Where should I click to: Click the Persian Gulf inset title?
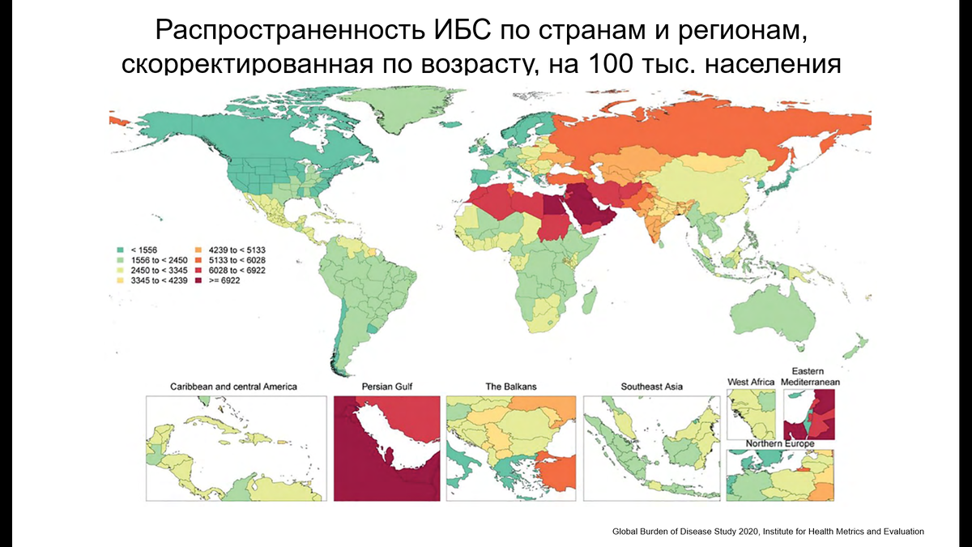click(x=387, y=387)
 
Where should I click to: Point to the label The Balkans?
click(x=510, y=387)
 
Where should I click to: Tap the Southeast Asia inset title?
click(x=651, y=387)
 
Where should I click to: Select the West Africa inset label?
click(x=750, y=381)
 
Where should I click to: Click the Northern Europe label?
click(x=781, y=445)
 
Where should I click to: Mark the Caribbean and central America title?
click(x=233, y=387)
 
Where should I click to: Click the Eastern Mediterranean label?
click(x=811, y=375)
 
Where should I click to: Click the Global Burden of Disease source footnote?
click(x=768, y=531)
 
